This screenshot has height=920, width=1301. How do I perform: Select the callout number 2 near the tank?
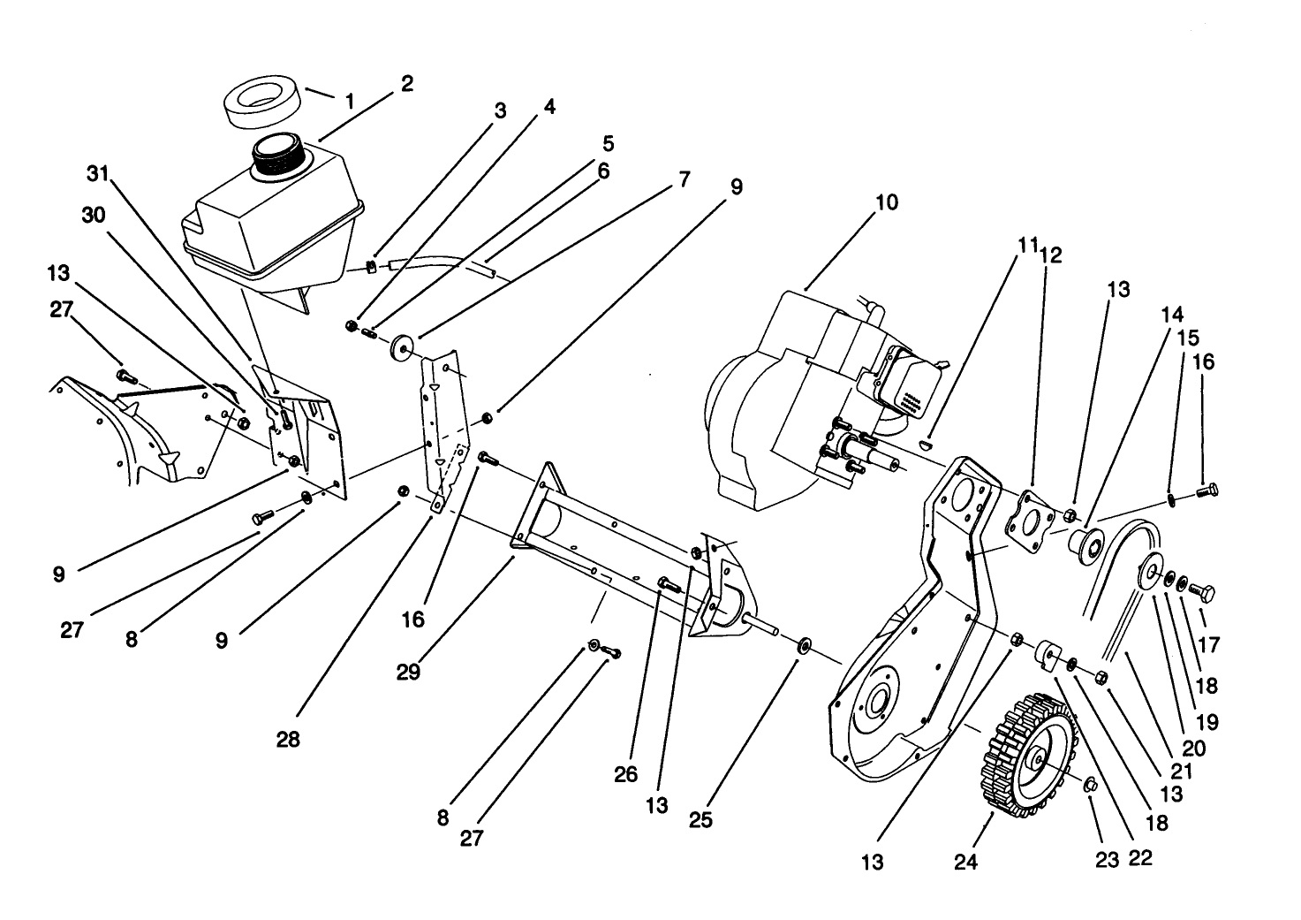pos(406,84)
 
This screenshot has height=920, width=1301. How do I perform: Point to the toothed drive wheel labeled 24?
pos(1029,756)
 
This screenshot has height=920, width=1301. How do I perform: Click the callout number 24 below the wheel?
pos(966,861)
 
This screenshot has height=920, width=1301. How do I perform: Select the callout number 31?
pos(98,174)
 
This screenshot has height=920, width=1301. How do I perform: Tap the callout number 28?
pos(288,740)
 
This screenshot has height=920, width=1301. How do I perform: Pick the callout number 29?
pos(408,672)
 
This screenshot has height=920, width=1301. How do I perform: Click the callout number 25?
pos(700,819)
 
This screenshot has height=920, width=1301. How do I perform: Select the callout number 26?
pos(625,775)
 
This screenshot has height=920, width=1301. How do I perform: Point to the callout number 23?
pos(1108,860)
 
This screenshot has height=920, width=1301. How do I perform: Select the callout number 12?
pos(1051,255)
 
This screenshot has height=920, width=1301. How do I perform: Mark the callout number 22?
pos(1140,857)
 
